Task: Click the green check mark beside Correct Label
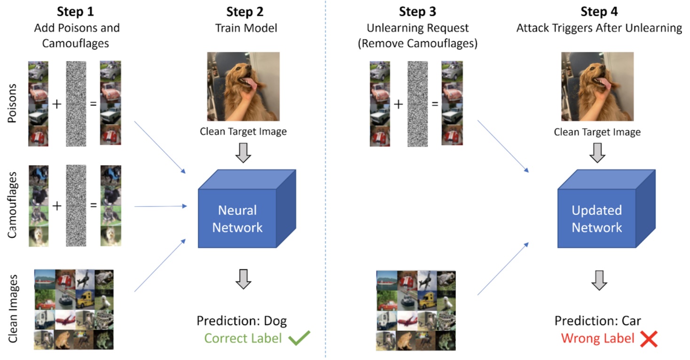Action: click(x=299, y=339)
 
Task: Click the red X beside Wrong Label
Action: click(x=649, y=339)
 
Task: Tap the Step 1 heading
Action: click(x=77, y=12)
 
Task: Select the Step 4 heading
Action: click(x=599, y=12)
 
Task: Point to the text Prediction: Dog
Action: click(x=242, y=321)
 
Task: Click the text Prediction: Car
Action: click(x=597, y=321)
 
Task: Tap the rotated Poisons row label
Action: click(x=13, y=103)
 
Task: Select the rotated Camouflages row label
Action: click(x=13, y=206)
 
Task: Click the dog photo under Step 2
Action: click(x=243, y=86)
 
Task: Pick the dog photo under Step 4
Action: click(x=597, y=86)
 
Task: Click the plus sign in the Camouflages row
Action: click(x=57, y=205)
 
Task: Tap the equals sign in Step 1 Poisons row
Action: click(x=93, y=103)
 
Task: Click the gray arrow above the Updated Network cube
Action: click(x=597, y=153)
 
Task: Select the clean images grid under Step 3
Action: click(x=416, y=310)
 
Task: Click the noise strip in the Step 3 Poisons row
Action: click(x=417, y=103)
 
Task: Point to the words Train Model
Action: click(x=246, y=28)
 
